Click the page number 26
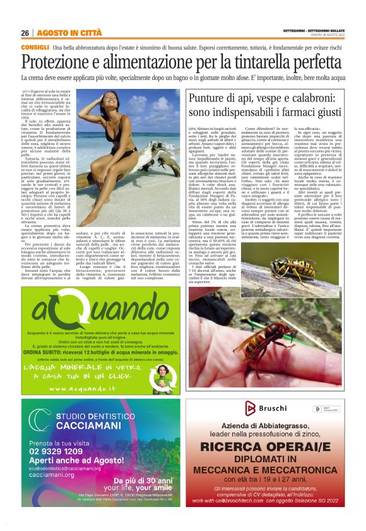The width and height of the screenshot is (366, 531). pos(25,33)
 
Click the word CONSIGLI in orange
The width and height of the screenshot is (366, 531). pos(35,47)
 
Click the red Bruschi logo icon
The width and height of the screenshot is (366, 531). pos(255,409)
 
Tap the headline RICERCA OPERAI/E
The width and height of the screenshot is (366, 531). pos(275,446)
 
